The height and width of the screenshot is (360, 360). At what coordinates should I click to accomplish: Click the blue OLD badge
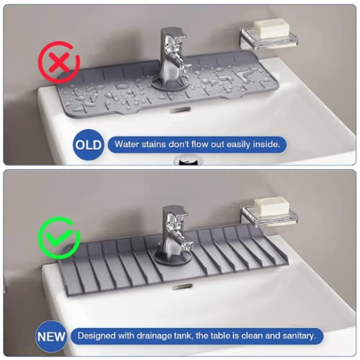click(x=87, y=145)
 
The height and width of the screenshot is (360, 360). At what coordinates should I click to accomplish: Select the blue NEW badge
click(x=51, y=336)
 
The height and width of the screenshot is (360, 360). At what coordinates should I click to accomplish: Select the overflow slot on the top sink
click(x=182, y=109)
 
